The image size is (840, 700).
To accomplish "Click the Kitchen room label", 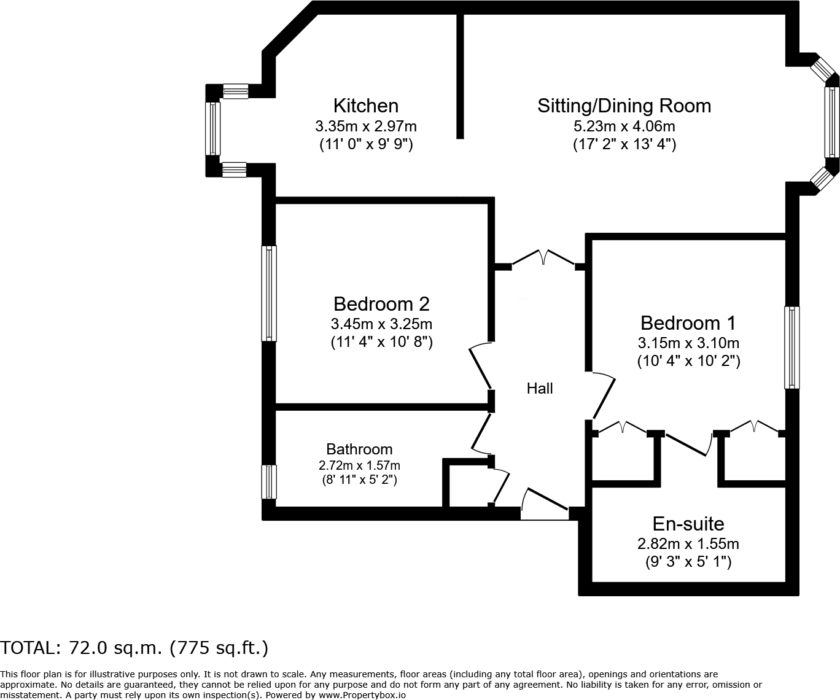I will click(365, 106).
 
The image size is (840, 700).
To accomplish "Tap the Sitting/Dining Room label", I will click(624, 106).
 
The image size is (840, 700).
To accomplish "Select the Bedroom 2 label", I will click(381, 303).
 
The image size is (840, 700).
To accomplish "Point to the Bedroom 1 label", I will click(688, 322).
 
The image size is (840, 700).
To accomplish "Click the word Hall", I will click(540, 388).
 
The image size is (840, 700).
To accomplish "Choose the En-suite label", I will click(688, 523).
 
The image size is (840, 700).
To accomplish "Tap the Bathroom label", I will click(359, 449).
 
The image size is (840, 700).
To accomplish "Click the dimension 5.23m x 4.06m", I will click(624, 126).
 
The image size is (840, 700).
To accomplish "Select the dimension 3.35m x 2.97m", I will click(365, 126).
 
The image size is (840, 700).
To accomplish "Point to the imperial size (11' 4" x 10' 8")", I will click(381, 342).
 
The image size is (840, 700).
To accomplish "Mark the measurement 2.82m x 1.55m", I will click(688, 543).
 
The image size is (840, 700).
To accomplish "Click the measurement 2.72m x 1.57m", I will click(359, 465).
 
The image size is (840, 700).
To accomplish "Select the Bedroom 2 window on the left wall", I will click(268, 293).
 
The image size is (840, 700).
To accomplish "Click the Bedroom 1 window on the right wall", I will click(792, 348).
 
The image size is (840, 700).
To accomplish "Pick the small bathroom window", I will click(268, 482).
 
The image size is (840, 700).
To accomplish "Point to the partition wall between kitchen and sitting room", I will click(459, 74).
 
